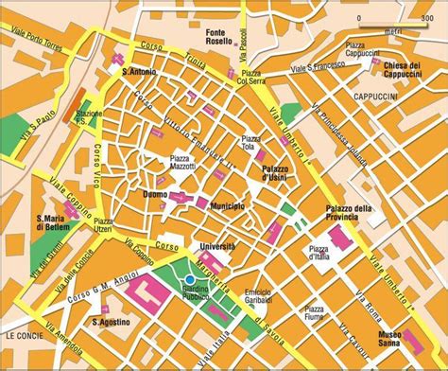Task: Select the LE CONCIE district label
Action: click(21, 336)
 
